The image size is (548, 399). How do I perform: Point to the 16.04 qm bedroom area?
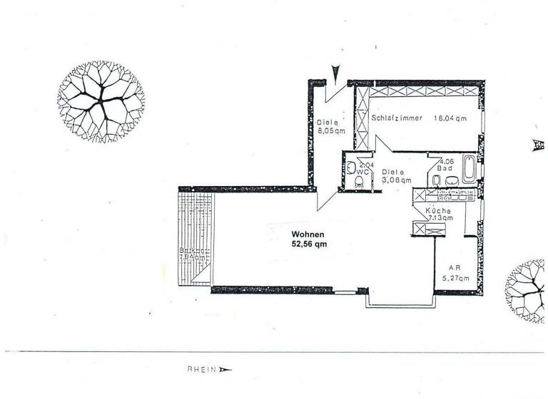coord(450,118)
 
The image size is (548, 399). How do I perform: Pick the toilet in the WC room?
coord(360,183)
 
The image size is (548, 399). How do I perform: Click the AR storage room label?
coord(455,268)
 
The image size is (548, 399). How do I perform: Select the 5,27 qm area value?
coord(455,278)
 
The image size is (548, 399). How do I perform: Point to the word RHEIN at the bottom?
coord(202,369)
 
